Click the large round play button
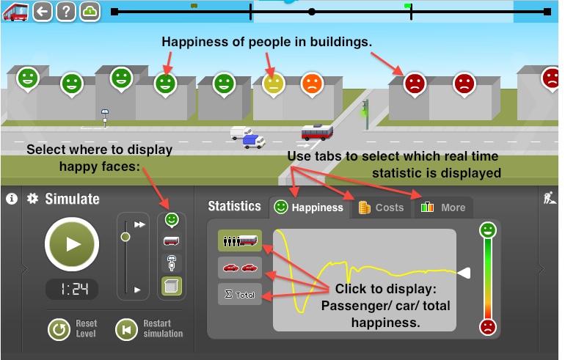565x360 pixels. (72, 244)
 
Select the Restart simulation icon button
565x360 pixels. (126, 329)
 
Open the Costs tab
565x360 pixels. (381, 207)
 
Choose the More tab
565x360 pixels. (444, 207)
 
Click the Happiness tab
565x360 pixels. (309, 207)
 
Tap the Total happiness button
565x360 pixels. (240, 295)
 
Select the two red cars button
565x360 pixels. (240, 268)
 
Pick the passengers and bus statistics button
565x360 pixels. (240, 240)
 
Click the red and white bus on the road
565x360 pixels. (317, 132)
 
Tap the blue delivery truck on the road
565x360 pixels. (254, 142)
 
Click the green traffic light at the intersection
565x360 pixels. (365, 114)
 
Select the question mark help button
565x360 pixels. (66, 12)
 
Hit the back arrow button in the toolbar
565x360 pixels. (43, 12)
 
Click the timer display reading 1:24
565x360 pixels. (72, 289)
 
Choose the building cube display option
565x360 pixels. (172, 286)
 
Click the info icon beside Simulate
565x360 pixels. (12, 199)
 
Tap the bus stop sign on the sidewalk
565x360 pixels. (105, 118)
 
